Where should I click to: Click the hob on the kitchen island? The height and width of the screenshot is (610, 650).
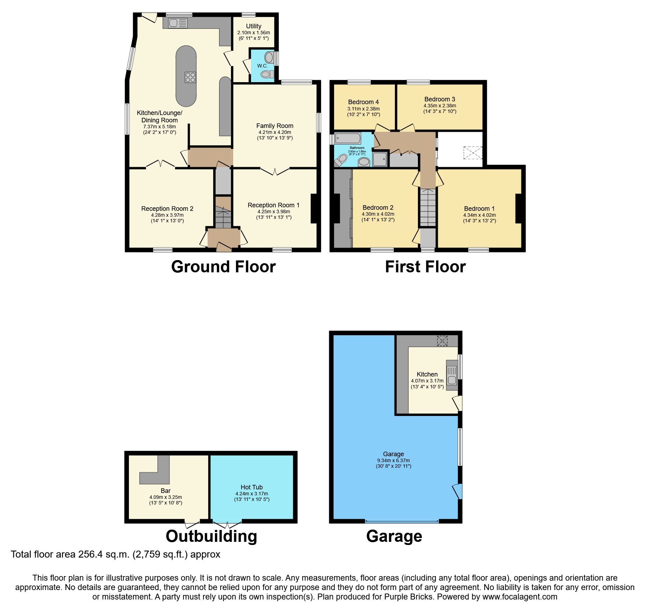[190, 77]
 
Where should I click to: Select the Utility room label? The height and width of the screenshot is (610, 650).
[253, 26]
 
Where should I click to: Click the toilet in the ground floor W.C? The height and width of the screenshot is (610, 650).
[267, 74]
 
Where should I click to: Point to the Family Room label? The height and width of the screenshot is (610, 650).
[275, 126]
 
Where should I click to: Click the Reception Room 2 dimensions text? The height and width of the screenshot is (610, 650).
[167, 218]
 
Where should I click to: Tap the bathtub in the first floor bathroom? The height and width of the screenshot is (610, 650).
[347, 138]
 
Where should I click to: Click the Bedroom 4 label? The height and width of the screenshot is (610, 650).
[363, 102]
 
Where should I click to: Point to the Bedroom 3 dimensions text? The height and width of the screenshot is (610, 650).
[440, 108]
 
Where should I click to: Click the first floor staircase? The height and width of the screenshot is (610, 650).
[428, 208]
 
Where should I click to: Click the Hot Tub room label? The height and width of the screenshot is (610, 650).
[252, 487]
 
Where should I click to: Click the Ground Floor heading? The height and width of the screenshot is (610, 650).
[223, 267]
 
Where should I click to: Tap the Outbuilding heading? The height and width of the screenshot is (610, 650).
[211, 536]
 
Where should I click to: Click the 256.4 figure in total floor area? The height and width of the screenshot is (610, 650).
[92, 554]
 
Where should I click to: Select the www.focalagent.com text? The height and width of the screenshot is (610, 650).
[520, 597]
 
